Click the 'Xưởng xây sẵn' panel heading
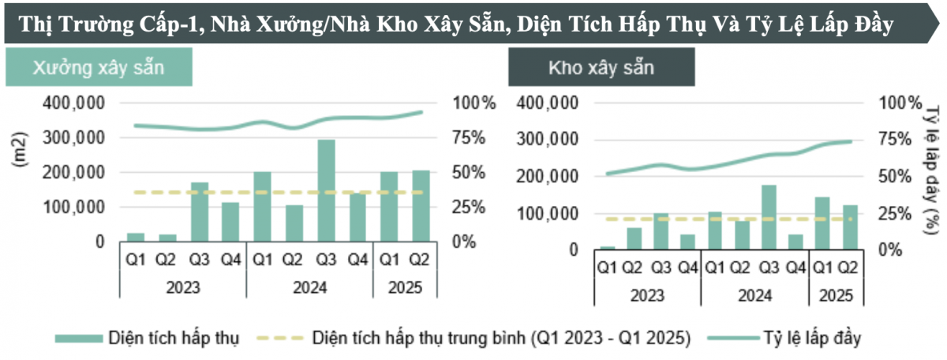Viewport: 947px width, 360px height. coord(98,68)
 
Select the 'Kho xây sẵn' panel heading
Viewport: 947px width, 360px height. coord(601,68)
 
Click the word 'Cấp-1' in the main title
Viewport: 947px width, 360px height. coord(172,24)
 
